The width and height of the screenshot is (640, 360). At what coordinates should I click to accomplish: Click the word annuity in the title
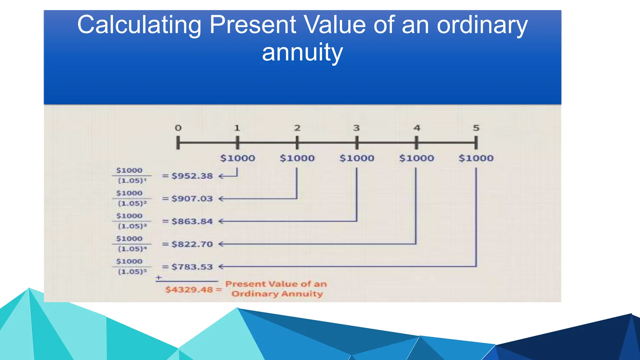(302, 52)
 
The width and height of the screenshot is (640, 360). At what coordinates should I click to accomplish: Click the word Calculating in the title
(139, 25)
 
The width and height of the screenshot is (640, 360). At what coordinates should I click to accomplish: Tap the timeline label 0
(178, 128)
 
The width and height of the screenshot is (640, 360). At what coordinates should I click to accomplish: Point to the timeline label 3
(357, 128)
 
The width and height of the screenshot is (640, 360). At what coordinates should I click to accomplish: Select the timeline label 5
(476, 128)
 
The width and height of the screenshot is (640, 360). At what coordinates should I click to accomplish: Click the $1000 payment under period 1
(237, 158)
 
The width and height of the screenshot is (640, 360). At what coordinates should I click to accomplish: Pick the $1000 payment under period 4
(417, 158)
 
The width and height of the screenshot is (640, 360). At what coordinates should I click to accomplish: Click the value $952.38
(192, 176)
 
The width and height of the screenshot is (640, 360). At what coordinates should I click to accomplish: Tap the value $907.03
(192, 199)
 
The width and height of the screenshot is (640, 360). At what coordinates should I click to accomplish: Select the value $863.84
(192, 222)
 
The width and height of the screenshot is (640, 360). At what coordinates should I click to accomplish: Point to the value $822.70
(192, 244)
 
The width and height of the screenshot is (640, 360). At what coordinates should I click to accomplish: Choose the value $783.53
(192, 267)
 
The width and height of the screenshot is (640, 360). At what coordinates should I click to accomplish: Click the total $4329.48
(189, 290)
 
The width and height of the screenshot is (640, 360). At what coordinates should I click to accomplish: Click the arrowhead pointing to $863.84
(221, 222)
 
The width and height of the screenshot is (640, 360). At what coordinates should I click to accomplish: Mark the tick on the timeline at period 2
(297, 143)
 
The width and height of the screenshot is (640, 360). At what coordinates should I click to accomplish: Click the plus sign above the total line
(159, 277)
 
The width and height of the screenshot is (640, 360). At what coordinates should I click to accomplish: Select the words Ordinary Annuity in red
(277, 294)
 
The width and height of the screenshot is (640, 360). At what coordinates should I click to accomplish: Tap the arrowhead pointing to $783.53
(221, 267)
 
